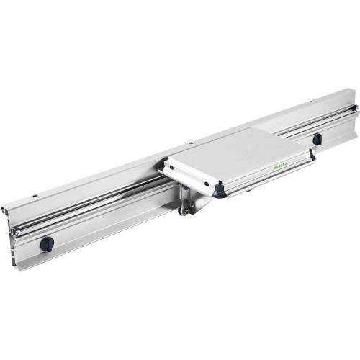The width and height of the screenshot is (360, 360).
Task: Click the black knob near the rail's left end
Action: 46,244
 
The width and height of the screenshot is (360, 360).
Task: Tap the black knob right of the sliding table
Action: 316,139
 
